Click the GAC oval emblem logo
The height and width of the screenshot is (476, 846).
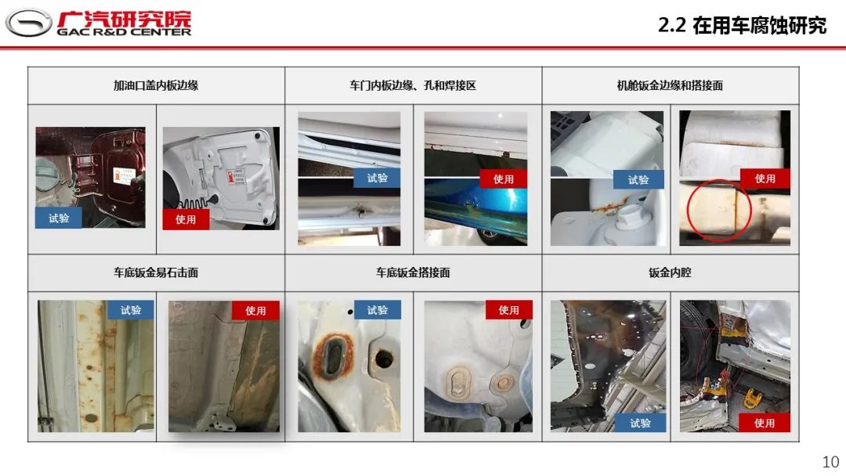[x=29, y=23]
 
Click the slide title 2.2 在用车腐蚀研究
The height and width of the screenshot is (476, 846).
[x=742, y=25]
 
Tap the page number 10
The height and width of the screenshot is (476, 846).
[x=831, y=461]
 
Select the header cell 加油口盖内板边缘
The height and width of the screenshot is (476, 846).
[x=156, y=85]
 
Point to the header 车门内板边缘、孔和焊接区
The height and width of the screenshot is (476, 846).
[x=413, y=85]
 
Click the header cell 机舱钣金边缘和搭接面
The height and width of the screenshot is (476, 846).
[x=670, y=85]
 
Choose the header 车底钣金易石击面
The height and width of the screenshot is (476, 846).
[x=156, y=272]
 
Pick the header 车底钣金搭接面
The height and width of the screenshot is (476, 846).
[x=413, y=272]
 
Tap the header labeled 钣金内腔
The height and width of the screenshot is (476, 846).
[x=670, y=272]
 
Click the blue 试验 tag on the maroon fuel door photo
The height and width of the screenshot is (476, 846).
[x=59, y=218]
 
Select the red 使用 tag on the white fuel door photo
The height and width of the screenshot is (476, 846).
[x=186, y=219]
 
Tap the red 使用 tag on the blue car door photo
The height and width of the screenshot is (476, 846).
[x=503, y=179]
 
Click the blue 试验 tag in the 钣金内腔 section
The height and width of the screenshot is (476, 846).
[x=641, y=423]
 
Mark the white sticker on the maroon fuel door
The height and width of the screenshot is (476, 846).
[x=124, y=175]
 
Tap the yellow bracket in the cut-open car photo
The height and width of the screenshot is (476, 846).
[x=752, y=399]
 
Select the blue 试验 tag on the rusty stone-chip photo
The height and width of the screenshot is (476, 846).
[x=131, y=310]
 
